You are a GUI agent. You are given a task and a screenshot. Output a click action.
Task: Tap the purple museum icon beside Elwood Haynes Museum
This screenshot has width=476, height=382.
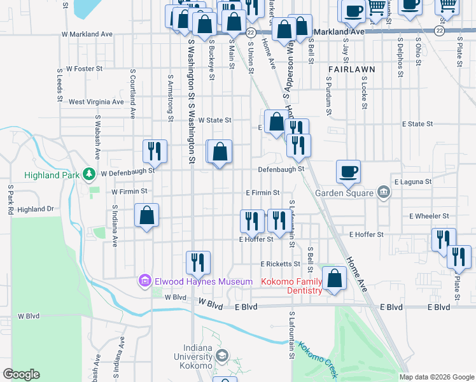tap(144, 280)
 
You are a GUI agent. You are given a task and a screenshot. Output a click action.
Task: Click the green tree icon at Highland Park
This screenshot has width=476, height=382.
tap(89, 173)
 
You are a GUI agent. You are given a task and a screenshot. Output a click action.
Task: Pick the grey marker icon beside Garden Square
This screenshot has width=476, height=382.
tap(383, 192)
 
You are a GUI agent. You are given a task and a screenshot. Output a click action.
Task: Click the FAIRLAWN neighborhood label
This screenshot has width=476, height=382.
tap(352, 68)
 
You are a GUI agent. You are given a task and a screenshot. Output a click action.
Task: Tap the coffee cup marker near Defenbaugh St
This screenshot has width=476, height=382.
tap(349, 172)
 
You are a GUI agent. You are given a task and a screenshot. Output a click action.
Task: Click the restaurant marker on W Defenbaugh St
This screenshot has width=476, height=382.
tap(155, 152)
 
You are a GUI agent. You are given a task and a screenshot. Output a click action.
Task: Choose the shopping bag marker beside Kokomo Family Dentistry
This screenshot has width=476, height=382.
tap(334, 279)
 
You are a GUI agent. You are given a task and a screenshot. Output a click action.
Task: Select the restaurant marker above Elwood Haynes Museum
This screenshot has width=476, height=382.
tap(198, 263)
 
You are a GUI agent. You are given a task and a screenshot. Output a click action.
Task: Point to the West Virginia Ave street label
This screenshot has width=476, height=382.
tap(96, 102)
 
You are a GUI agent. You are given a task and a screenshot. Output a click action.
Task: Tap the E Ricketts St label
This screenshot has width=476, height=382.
tap(279, 264)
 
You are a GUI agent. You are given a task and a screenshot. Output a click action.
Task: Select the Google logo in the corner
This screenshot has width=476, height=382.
tap(21, 374)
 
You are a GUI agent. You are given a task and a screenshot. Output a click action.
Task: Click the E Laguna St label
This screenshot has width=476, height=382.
tap(412, 181)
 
